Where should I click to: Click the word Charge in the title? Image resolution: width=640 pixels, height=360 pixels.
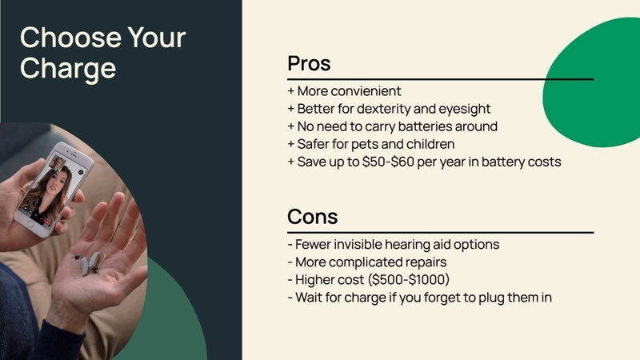point(68,68)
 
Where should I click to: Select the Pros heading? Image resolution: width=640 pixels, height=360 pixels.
point(309,63)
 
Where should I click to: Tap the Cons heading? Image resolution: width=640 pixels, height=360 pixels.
point(313,216)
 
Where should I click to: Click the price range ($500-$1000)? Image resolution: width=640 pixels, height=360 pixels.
point(409,279)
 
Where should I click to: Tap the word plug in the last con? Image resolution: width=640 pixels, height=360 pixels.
point(491,298)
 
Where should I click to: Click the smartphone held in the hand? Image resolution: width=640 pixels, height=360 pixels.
point(54,189)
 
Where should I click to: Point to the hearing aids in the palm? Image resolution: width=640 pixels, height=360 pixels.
point(86,262)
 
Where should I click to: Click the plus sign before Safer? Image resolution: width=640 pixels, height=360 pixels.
point(291,144)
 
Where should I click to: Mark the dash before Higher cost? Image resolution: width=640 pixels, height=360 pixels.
point(290,280)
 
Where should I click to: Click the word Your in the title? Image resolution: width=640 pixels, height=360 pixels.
point(157,37)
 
